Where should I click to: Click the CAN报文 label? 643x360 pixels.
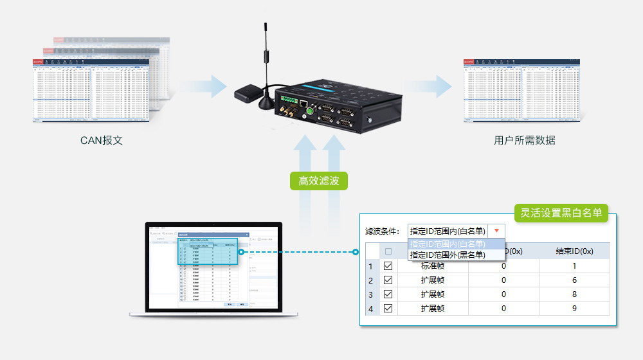[102, 140]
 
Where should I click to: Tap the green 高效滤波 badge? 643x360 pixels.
[319, 181]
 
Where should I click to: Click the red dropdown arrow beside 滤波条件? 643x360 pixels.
[496, 231]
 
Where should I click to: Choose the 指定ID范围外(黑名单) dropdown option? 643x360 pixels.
[448, 255]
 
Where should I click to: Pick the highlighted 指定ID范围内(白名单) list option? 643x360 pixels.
[448, 244]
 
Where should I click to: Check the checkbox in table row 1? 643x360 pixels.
[388, 265]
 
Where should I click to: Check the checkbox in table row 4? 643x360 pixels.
[388, 308]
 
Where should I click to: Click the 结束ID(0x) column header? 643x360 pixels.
[574, 251]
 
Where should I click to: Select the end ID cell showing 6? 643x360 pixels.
[574, 280]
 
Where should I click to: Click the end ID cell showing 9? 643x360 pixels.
[574, 308]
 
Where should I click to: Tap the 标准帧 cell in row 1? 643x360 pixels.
[433, 265]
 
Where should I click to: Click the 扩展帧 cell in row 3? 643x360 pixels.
[433, 294]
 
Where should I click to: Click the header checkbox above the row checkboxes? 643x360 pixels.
[388, 251]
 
